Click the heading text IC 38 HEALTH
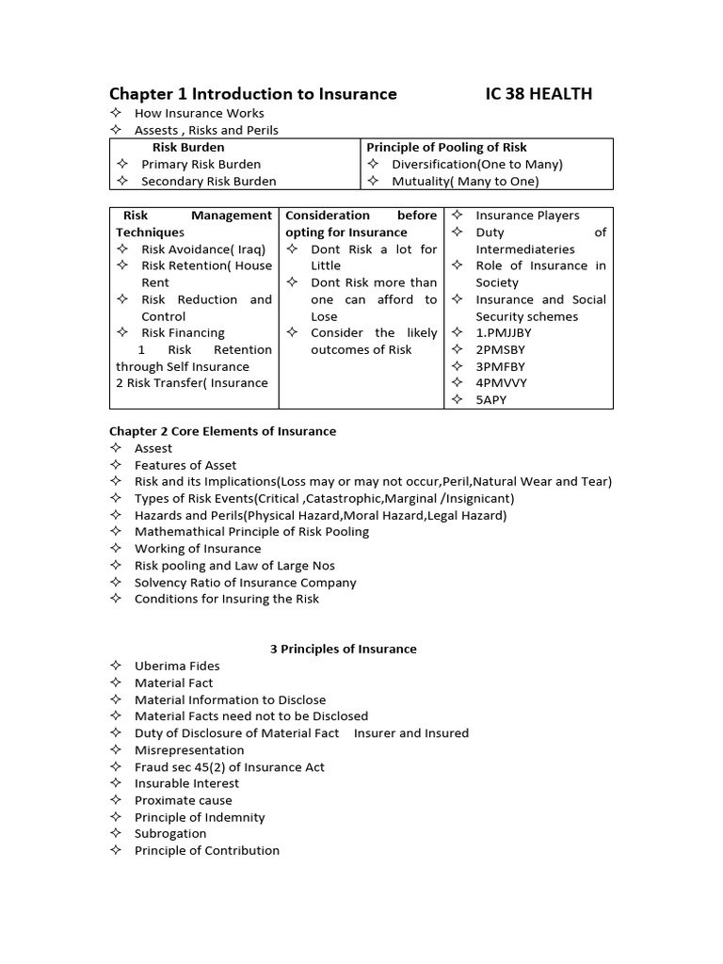(x=538, y=93)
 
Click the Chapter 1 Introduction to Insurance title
(x=252, y=93)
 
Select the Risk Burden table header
(x=188, y=147)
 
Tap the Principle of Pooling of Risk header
(x=446, y=147)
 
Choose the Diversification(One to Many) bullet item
(x=477, y=164)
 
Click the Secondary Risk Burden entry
(x=208, y=181)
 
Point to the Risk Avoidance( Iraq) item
(x=203, y=249)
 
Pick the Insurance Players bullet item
(x=527, y=216)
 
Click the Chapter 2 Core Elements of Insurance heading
(x=222, y=431)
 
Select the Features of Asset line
(x=185, y=465)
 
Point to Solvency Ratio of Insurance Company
(x=245, y=582)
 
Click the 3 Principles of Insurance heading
(x=343, y=649)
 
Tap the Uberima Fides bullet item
(x=177, y=666)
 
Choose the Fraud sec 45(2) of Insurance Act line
(x=229, y=766)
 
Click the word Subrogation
(x=170, y=833)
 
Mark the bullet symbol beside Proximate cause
(x=116, y=800)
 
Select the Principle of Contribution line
(x=206, y=850)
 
